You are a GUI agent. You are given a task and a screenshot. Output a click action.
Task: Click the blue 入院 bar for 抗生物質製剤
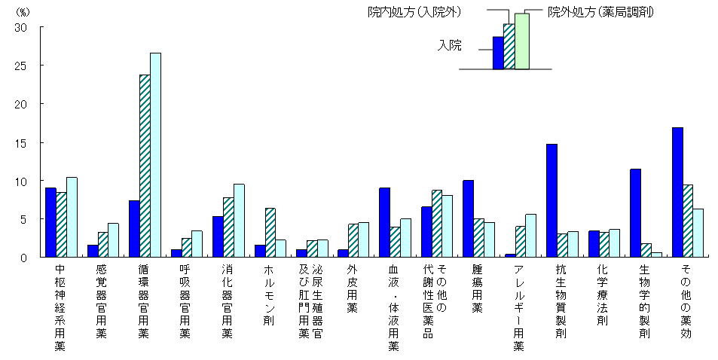[551, 200]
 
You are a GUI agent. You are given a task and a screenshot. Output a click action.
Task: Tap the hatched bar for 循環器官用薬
[145, 166]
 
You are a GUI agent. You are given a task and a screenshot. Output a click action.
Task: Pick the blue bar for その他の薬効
[677, 192]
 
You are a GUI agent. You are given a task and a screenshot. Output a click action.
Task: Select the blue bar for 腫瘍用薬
[468, 218]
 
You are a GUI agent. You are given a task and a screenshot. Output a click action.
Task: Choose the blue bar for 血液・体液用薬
[384, 222]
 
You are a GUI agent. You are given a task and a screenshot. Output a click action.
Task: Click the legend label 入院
[450, 45]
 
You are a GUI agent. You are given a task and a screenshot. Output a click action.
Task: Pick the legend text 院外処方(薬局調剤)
[600, 11]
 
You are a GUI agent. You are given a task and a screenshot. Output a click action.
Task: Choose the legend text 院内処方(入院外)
[414, 11]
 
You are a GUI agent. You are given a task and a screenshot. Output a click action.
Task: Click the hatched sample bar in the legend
[509, 46]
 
